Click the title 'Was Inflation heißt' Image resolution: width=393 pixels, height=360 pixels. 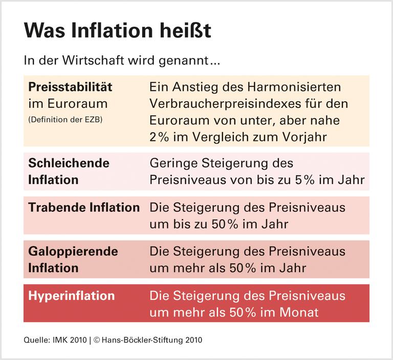pos(117,31)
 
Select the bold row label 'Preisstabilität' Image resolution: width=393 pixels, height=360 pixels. pos(70,87)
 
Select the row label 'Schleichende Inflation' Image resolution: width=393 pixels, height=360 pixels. pos(69,171)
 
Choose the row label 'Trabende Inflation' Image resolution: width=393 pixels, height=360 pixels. pos(84,208)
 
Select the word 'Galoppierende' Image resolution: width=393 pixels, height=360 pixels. pos(73,252)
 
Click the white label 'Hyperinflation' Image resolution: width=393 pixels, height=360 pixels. pos(71,296)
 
